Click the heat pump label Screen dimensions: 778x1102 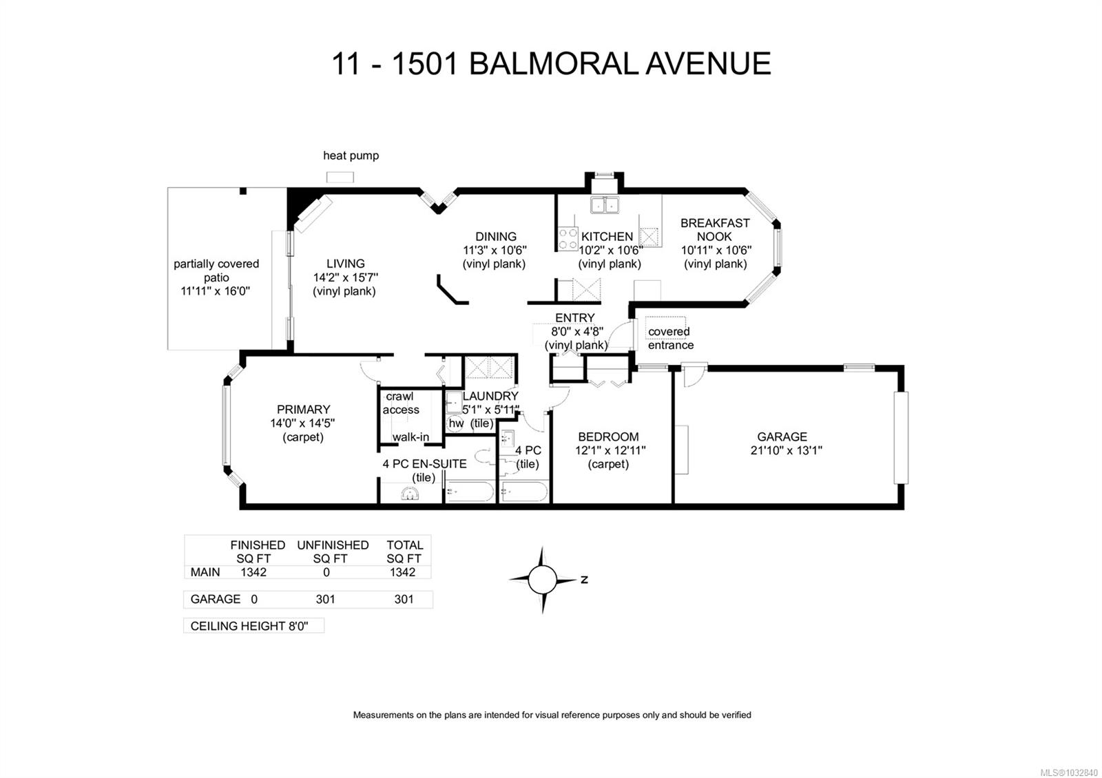click(351, 156)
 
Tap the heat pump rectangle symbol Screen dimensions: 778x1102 click(340, 178)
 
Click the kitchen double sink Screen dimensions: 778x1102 click(605, 204)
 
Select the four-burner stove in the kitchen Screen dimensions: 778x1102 click(568, 239)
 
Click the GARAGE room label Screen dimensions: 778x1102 click(782, 437)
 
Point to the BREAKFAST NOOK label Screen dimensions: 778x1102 click(715, 229)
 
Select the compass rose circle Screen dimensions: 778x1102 click(542, 580)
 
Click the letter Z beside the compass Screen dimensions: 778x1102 click(584, 580)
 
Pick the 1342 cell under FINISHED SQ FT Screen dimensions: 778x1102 click(253, 572)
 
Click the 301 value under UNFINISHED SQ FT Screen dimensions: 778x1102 click(325, 599)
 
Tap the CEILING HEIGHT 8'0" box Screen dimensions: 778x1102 click(253, 626)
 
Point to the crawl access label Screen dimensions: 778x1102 click(400, 403)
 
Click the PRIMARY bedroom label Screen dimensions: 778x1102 click(303, 409)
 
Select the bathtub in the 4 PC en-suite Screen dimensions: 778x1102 click(469, 492)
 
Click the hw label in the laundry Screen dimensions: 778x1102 click(456, 423)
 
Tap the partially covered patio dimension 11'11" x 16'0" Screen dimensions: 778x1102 click(216, 291)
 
